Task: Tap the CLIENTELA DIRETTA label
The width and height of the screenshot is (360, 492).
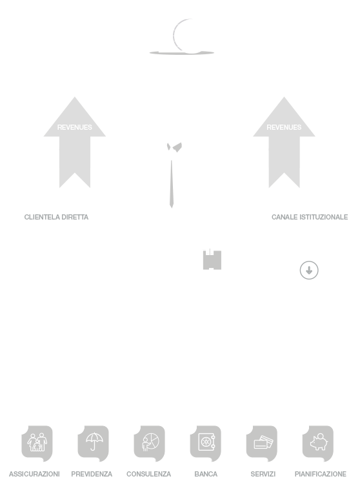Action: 56,217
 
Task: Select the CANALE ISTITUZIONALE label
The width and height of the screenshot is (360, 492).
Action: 310,217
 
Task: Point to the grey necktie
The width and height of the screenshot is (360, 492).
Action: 172,184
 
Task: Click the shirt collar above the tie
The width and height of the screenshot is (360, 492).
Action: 175,147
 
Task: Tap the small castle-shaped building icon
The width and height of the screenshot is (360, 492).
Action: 212,260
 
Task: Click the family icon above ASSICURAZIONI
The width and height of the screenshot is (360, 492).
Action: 37,443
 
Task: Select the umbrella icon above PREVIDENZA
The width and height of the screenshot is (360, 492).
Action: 93,443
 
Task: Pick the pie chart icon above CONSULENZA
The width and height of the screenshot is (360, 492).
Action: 149,443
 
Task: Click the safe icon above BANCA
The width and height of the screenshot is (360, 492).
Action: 205,443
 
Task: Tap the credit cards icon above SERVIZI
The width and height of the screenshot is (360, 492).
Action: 261,443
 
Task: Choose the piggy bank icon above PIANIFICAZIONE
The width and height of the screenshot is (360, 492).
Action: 317,443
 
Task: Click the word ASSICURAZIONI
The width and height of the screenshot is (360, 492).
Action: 34,474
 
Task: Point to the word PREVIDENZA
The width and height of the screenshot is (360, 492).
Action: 92,474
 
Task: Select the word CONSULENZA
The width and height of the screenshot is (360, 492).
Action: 148,474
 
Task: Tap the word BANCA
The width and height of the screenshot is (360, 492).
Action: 206,474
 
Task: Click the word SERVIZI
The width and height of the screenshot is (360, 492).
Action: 263,474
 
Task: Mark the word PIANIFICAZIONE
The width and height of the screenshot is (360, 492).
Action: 321,474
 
